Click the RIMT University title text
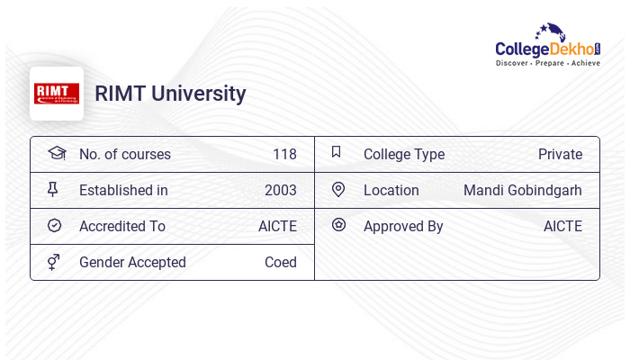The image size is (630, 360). [170, 94]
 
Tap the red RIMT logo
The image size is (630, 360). [57, 94]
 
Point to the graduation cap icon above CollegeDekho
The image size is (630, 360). [547, 31]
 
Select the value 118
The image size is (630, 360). [284, 154]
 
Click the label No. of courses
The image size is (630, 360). [125, 154]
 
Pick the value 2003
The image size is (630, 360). [281, 190]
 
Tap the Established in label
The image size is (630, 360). [123, 190]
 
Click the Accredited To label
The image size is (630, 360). [122, 226]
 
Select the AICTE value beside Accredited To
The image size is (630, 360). [277, 226]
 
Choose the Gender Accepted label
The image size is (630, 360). [132, 262]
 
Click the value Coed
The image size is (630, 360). [281, 262]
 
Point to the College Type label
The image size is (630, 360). [404, 154]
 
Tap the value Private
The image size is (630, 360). [560, 154]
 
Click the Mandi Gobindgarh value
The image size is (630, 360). [523, 190]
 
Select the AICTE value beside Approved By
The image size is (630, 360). [562, 226]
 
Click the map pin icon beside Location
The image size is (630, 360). [338, 189]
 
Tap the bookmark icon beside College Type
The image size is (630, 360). [337, 152]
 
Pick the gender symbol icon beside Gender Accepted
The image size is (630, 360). [54, 262]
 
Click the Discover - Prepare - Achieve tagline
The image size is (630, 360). [548, 63]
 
